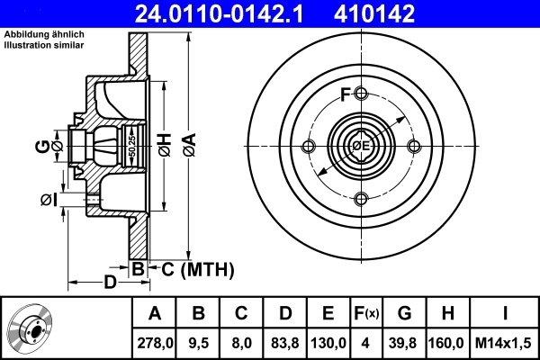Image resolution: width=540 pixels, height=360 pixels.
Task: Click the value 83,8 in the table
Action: tap(285, 343)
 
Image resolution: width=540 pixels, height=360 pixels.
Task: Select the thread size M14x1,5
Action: tap(504, 343)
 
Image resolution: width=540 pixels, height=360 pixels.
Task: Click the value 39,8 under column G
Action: tap(405, 343)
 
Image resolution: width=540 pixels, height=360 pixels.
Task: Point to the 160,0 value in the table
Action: tap(447, 343)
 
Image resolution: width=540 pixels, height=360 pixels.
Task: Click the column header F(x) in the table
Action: tap(365, 313)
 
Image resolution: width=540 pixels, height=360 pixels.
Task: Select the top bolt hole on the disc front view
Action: tap(362, 94)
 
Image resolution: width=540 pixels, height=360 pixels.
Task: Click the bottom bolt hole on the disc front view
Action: tap(362, 199)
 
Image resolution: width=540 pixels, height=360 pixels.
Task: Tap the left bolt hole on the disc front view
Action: tap(310, 147)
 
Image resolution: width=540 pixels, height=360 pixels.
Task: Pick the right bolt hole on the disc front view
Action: tap(414, 147)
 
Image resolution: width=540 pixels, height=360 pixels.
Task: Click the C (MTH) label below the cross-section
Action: tap(192, 268)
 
